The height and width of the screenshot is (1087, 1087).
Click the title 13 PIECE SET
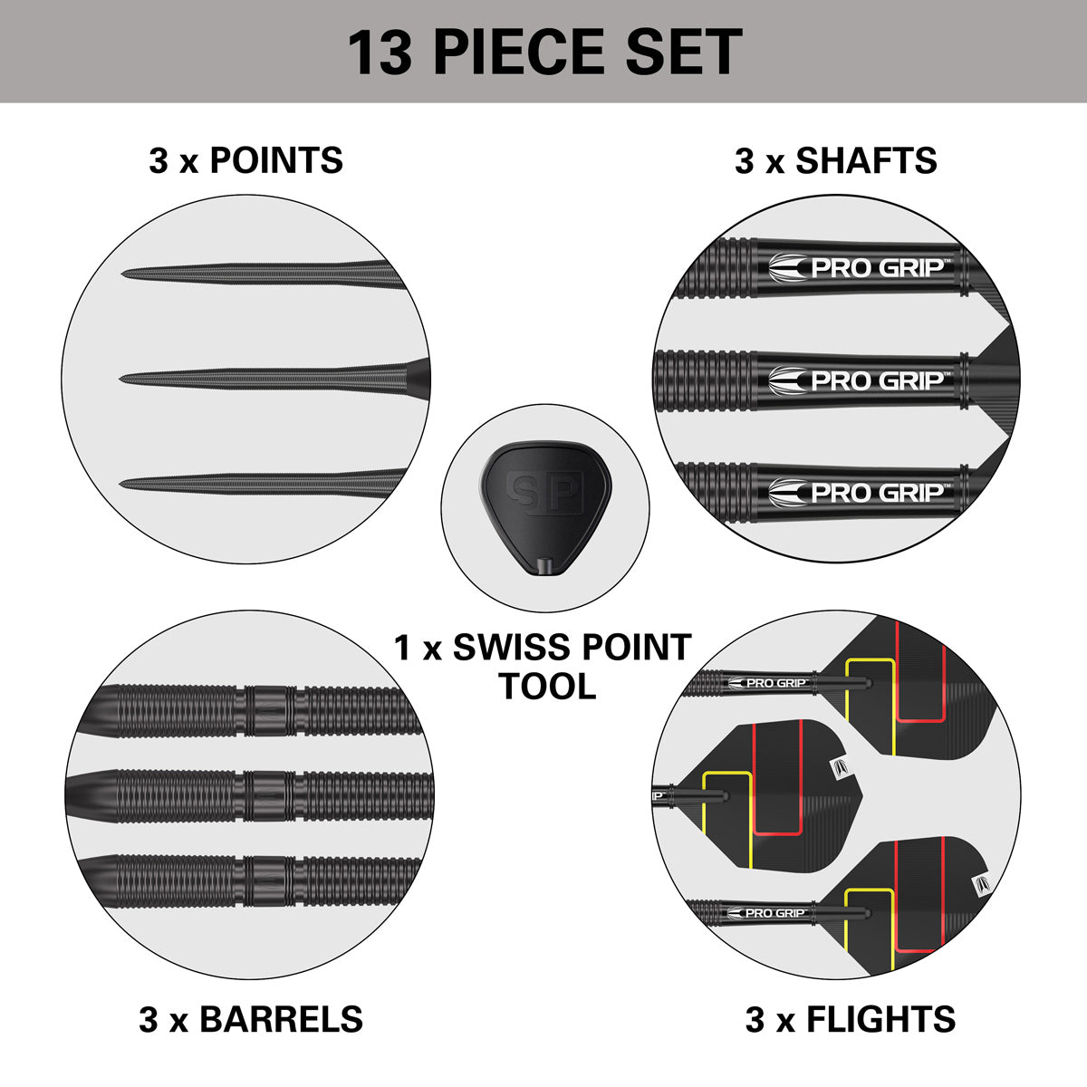click(x=544, y=52)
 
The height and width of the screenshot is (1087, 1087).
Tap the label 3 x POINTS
click(x=245, y=160)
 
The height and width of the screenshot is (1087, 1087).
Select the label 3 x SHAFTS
click(x=835, y=160)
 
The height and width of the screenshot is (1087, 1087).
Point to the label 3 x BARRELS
click(x=251, y=1019)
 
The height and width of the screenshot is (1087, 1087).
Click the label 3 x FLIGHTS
click(x=850, y=1019)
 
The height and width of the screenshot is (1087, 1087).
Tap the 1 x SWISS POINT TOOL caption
click(x=543, y=666)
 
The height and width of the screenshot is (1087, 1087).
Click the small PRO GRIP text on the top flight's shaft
click(x=775, y=683)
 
